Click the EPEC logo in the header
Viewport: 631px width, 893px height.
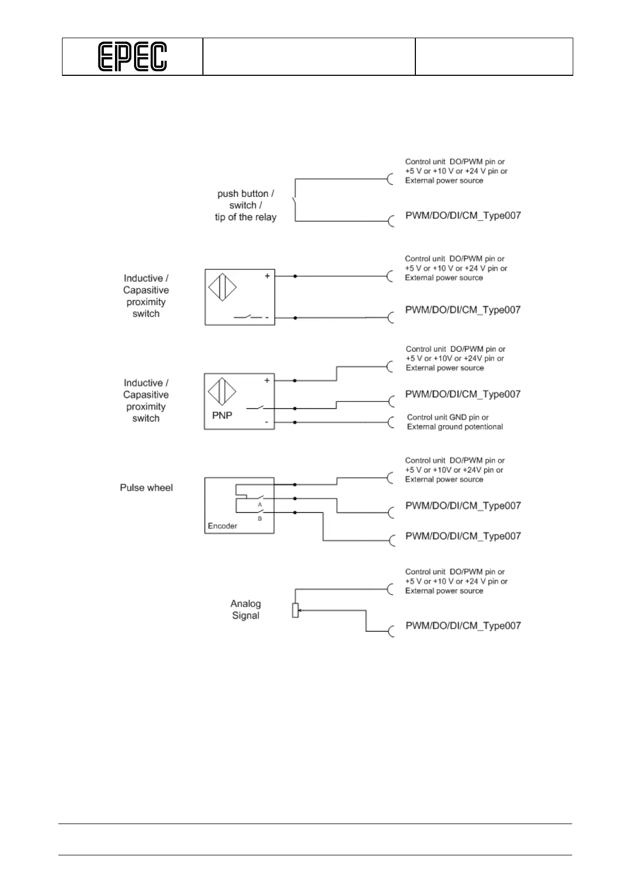[132, 57]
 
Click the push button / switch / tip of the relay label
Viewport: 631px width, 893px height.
[245, 205]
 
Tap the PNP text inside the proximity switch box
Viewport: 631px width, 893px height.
[222, 415]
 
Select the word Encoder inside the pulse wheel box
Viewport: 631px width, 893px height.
[223, 526]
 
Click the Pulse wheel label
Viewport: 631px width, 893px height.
[146, 487]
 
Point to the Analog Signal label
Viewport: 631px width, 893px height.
[245, 609]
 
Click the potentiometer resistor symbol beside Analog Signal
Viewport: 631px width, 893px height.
[295, 610]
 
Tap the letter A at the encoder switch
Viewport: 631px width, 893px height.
[260, 505]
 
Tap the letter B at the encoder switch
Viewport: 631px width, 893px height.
[260, 519]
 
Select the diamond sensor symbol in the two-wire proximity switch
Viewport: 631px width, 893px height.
[222, 288]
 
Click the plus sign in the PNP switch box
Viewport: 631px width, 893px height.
[266, 380]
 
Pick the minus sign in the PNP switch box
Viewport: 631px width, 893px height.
[266, 423]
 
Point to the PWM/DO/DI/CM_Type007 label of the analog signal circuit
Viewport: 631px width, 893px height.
[463, 626]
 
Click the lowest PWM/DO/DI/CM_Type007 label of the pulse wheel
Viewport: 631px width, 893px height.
[463, 536]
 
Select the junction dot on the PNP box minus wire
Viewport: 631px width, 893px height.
[295, 423]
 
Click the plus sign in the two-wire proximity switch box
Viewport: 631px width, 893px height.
[268, 276]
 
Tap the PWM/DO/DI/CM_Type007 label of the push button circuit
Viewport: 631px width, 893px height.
[463, 216]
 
